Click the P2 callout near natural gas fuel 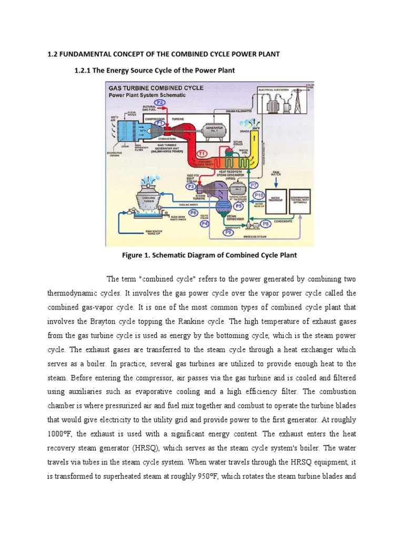point(160,102)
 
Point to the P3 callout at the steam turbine point(191,185)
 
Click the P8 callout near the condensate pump point(266,223)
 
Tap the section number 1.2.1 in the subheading point(85,70)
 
